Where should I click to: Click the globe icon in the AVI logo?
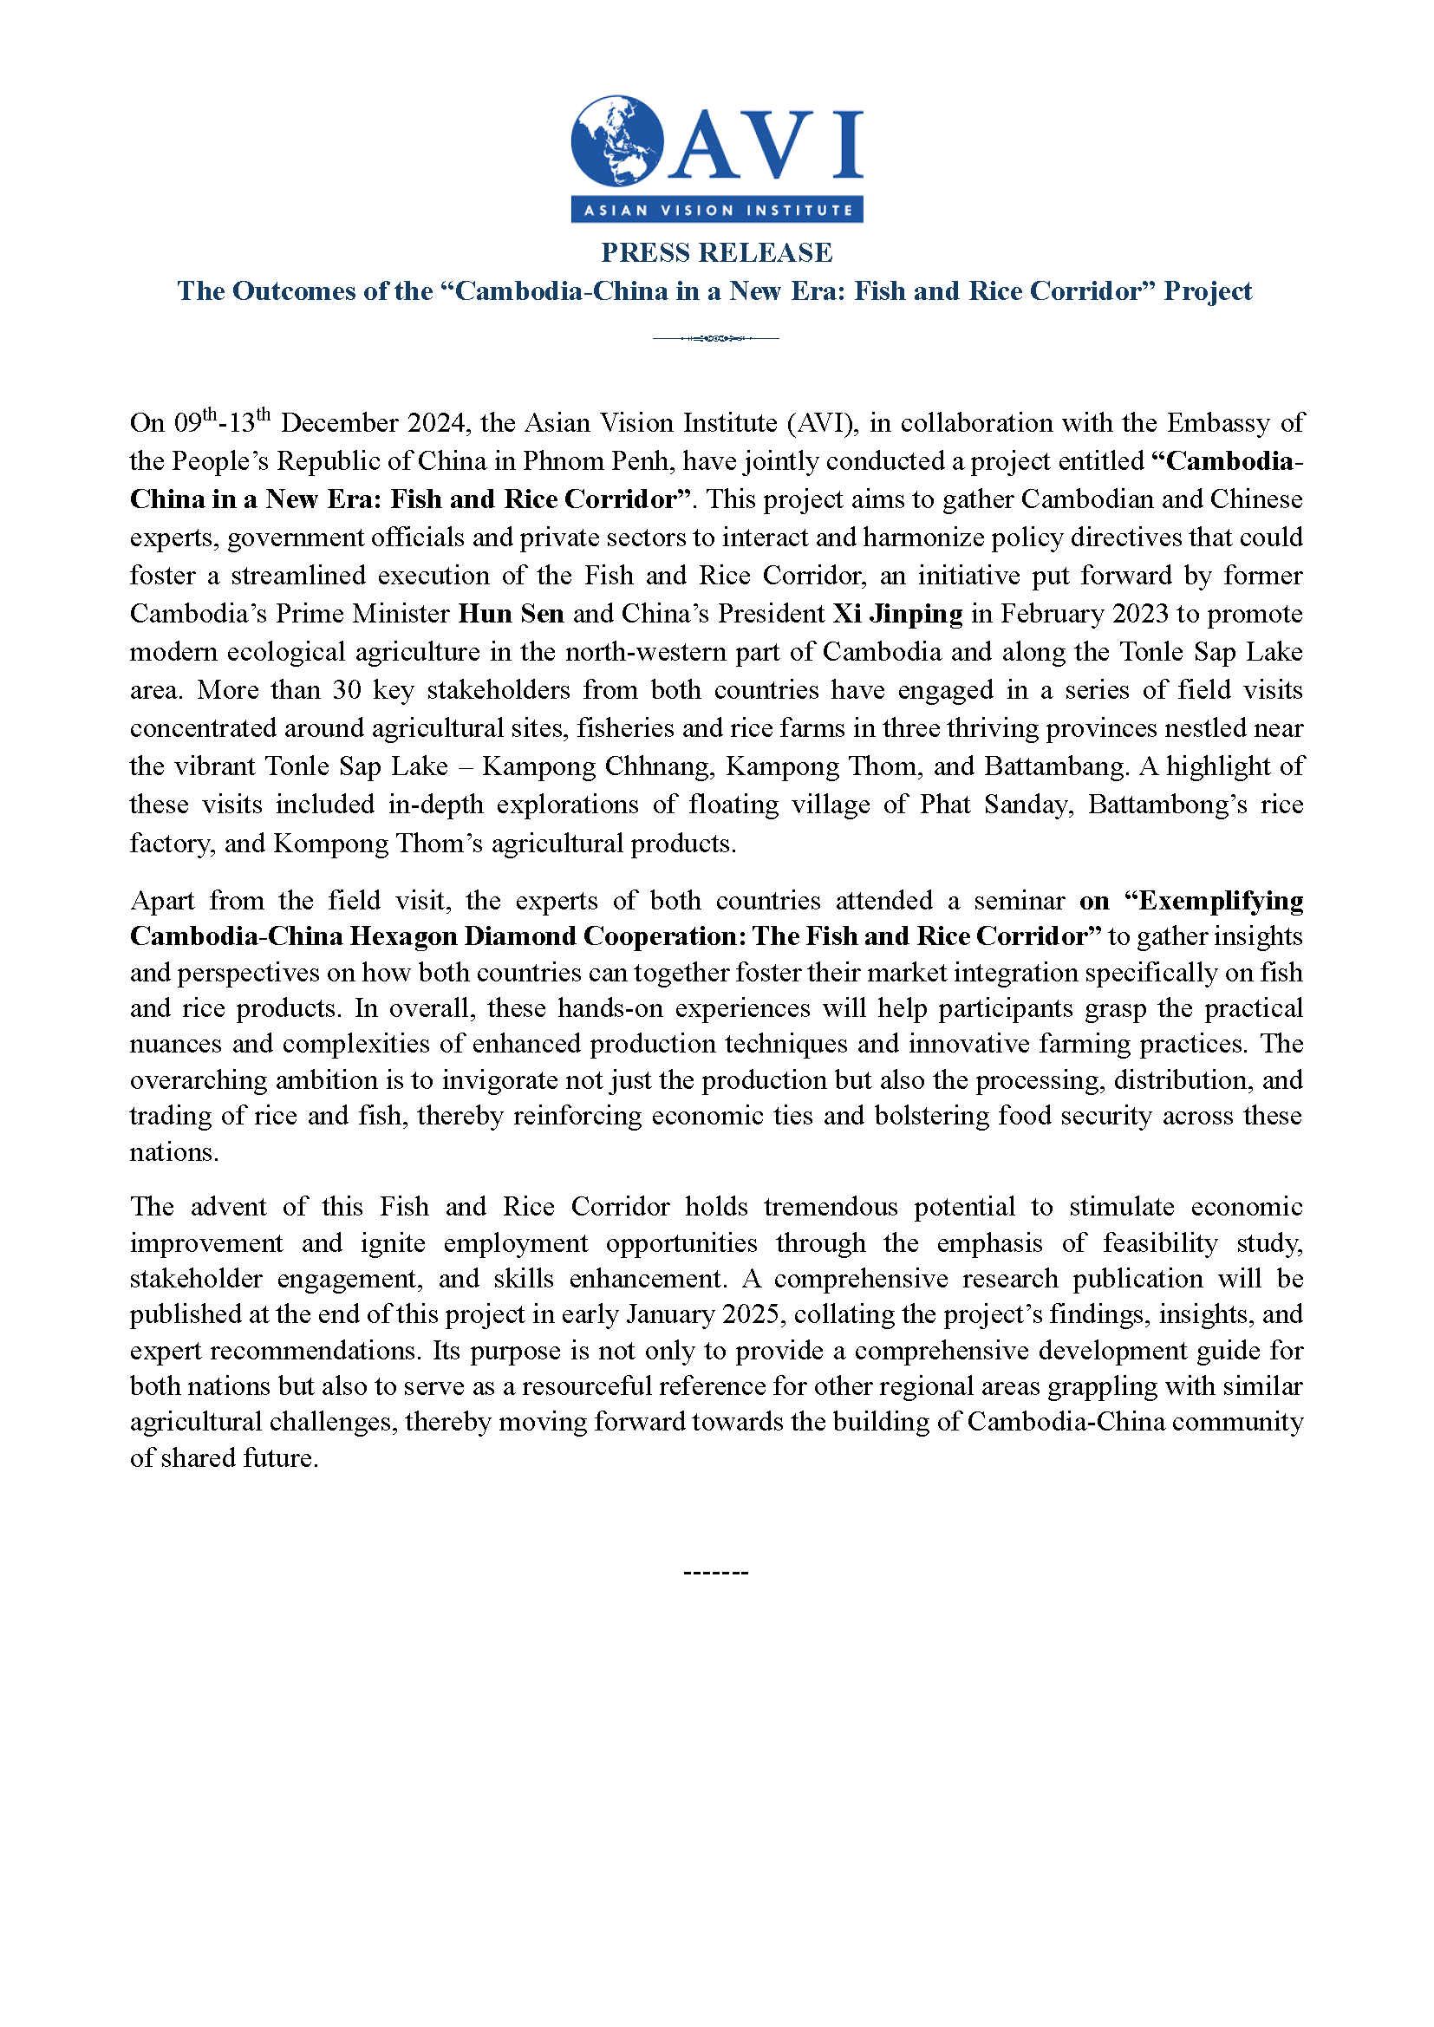617,140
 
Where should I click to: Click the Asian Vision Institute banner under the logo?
717,210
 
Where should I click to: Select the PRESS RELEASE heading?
717,252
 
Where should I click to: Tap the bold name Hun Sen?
511,614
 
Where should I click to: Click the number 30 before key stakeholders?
347,689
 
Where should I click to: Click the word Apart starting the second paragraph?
161,901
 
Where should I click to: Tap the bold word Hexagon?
402,936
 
